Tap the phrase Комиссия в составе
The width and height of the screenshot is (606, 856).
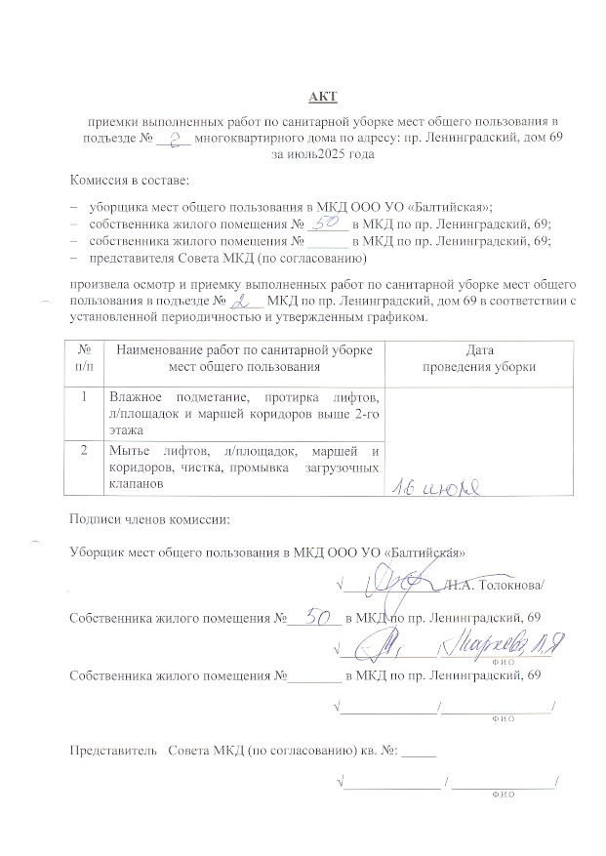(x=129, y=182)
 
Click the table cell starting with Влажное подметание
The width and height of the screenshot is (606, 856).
(x=243, y=413)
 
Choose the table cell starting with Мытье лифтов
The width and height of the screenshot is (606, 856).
(x=243, y=467)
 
